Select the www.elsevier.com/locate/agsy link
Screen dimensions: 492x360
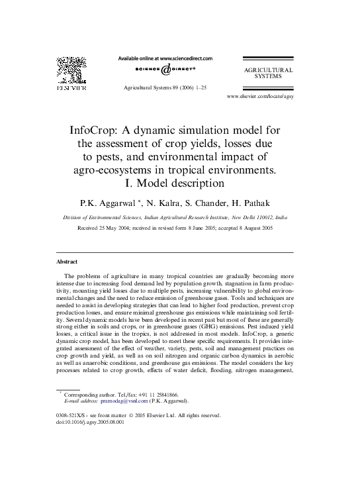pyautogui.click(x=260, y=96)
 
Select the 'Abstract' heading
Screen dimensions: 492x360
pyautogui.click(x=67, y=262)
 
